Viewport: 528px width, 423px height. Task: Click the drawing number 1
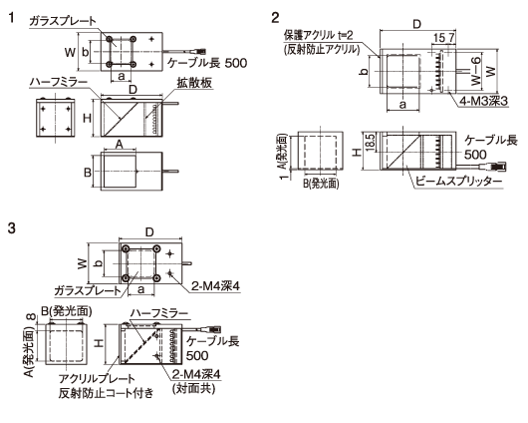tap(11, 17)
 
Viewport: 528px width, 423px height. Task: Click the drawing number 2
tap(275, 18)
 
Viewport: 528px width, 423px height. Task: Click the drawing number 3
tap(11, 228)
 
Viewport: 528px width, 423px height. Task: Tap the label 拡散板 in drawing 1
tap(194, 83)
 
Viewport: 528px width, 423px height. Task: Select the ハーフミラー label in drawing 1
tap(59, 82)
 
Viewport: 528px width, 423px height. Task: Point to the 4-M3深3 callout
tap(483, 101)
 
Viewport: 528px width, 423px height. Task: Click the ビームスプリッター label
tap(458, 182)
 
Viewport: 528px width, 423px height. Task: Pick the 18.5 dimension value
tap(370, 143)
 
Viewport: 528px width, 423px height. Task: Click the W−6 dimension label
tap(476, 71)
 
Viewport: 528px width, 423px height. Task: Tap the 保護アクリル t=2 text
tap(318, 35)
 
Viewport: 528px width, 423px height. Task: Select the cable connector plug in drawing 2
tap(498, 167)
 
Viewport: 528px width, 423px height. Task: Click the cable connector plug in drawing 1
tap(199, 52)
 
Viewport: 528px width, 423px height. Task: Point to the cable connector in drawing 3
tap(214, 329)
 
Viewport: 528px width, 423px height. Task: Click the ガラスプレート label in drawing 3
tap(87, 290)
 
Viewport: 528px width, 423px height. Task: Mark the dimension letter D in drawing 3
tap(149, 232)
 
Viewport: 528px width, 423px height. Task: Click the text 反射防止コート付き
tap(106, 393)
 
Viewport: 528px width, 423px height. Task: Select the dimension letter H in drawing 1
tap(88, 118)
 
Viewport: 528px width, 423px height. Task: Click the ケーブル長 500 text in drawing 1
tap(207, 63)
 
